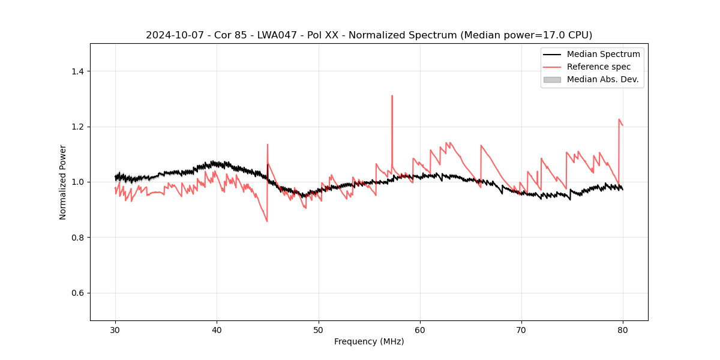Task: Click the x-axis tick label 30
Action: (115, 330)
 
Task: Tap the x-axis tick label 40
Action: (217, 330)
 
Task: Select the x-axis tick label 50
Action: (319, 330)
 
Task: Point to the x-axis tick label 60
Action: (420, 330)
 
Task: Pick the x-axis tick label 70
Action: (521, 330)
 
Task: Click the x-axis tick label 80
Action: (623, 330)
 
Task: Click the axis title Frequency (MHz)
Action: (369, 342)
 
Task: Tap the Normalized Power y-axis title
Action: (62, 182)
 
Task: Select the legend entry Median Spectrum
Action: (603, 54)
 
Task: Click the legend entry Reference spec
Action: (598, 67)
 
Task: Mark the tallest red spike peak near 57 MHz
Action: (392, 95)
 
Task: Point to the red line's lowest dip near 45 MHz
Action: (267, 221)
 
